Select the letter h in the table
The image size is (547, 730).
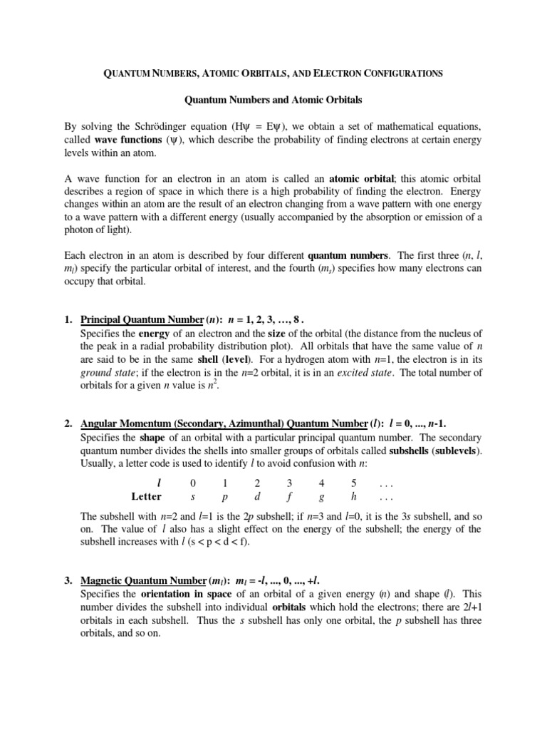(x=354, y=496)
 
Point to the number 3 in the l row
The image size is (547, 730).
(x=289, y=483)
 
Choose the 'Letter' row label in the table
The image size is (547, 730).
(x=147, y=496)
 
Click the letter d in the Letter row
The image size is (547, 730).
(x=257, y=496)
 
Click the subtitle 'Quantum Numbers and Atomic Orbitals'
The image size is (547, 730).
(x=272, y=100)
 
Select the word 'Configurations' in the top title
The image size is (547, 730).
(x=406, y=73)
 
